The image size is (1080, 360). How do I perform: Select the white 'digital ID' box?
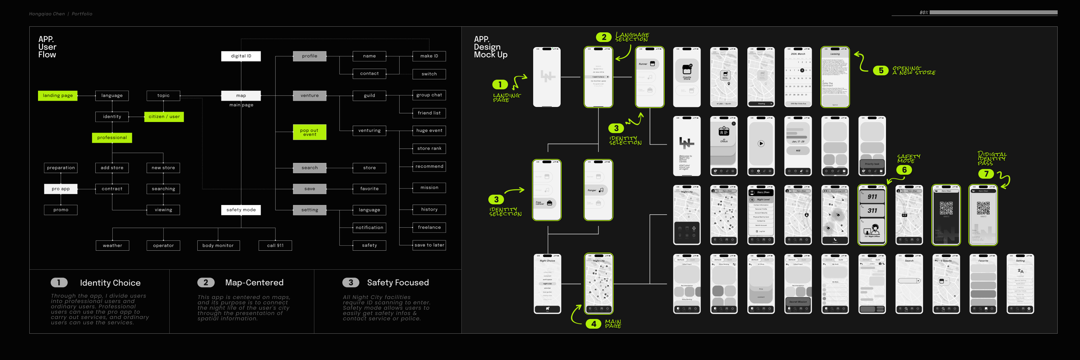[x=241, y=56]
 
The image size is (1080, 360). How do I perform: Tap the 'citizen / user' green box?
[x=164, y=117]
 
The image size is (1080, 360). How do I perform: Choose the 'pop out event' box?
[x=309, y=132]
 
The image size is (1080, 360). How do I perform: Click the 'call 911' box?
[x=275, y=246]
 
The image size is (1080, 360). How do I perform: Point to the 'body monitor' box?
[x=218, y=246]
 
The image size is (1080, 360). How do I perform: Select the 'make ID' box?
[x=429, y=56]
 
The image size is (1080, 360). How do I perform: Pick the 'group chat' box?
[x=429, y=95]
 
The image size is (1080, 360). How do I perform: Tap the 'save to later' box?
[x=429, y=245]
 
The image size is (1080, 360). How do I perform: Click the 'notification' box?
[x=369, y=228]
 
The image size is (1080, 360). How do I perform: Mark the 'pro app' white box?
[x=61, y=189]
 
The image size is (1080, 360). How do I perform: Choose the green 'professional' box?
[x=112, y=137]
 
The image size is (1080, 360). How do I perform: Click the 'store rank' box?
[x=429, y=148]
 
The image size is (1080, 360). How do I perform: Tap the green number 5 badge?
[x=881, y=70]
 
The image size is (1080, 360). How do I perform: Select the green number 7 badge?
[x=986, y=174]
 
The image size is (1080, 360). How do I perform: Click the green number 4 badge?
[x=593, y=324]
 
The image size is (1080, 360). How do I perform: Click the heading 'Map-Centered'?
[x=254, y=282]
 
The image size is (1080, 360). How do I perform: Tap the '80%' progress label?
[x=924, y=13]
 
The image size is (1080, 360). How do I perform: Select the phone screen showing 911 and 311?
[x=872, y=215]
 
